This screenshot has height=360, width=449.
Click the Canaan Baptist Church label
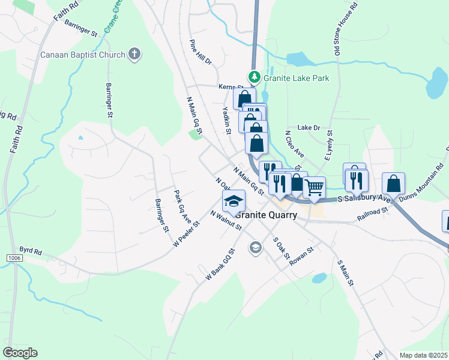point(83,55)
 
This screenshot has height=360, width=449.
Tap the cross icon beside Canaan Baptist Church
point(134,55)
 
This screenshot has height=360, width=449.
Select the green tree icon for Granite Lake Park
point(255,77)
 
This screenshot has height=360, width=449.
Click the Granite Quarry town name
point(266,215)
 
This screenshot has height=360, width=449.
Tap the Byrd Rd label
point(30,251)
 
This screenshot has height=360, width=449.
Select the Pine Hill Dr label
point(200,53)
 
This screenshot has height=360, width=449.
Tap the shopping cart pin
point(315,187)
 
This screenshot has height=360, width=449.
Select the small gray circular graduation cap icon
point(256,247)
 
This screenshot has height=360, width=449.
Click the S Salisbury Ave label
point(364,199)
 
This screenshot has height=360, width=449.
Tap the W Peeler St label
point(186,232)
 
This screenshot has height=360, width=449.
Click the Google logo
point(20,353)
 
